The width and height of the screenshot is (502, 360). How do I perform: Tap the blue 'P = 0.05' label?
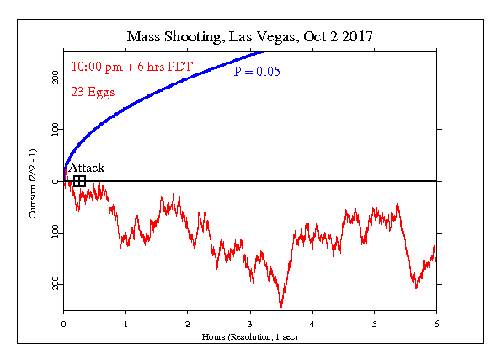pyautogui.click(x=257, y=71)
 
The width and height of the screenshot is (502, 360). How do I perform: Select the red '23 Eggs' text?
pyautogui.click(x=93, y=93)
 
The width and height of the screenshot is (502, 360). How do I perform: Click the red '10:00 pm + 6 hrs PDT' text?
pyautogui.click(x=132, y=67)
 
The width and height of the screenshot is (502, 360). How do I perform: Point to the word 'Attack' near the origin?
pyautogui.click(x=87, y=168)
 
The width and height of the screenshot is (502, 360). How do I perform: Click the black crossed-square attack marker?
pyautogui.click(x=79, y=181)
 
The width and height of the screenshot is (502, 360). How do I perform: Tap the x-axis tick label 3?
pyautogui.click(x=250, y=324)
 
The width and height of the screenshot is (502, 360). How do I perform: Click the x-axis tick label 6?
pyautogui.click(x=436, y=324)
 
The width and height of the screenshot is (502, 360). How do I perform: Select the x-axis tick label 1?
pyautogui.click(x=125, y=324)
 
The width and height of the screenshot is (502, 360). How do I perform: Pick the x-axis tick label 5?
pyautogui.click(x=374, y=324)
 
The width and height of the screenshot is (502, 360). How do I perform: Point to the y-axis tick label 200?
pyautogui.click(x=56, y=78)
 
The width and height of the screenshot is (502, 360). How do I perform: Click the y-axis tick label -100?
pyautogui.click(x=56, y=234)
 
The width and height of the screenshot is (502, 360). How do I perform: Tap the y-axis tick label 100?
pyautogui.click(x=56, y=130)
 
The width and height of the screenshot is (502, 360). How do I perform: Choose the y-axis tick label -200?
pyautogui.click(x=56, y=285)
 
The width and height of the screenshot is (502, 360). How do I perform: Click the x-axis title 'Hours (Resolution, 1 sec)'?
pyautogui.click(x=249, y=337)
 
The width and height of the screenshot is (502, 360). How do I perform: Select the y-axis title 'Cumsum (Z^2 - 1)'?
pyautogui.click(x=33, y=184)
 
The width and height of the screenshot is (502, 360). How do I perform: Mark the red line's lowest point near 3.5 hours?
pyautogui.click(x=281, y=307)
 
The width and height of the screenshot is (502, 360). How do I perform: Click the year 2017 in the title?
pyautogui.click(x=357, y=36)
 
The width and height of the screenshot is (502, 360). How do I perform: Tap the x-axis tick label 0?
pyautogui.click(x=63, y=324)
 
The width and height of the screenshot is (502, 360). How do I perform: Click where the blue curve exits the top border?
pyautogui.click(x=263, y=52)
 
